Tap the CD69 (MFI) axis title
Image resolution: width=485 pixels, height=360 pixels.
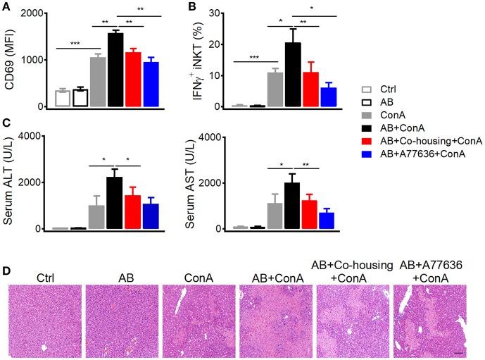pos(11,60)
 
